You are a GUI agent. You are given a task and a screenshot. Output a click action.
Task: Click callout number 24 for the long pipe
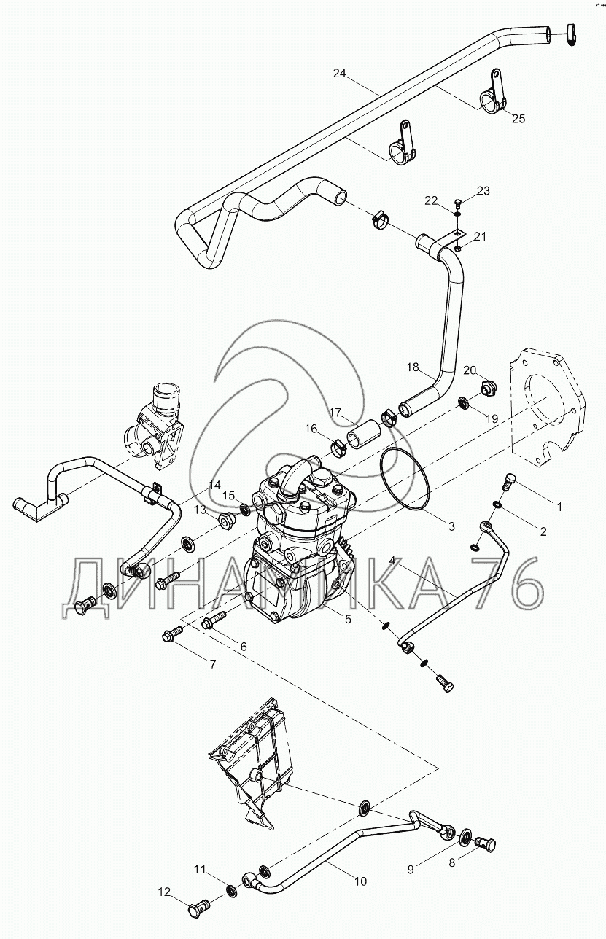click(x=340, y=74)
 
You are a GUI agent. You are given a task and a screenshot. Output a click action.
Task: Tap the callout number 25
click(x=518, y=119)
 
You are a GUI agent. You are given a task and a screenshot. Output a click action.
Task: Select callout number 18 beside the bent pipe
click(x=413, y=367)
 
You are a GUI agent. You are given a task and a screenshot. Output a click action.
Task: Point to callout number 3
click(x=451, y=526)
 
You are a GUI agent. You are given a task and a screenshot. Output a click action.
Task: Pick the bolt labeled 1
click(x=508, y=486)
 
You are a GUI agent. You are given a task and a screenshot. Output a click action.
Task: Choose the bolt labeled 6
click(x=214, y=620)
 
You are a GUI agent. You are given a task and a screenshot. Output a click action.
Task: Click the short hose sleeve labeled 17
click(x=362, y=435)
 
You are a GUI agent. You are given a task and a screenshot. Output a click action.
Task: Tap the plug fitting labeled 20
click(x=489, y=387)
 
